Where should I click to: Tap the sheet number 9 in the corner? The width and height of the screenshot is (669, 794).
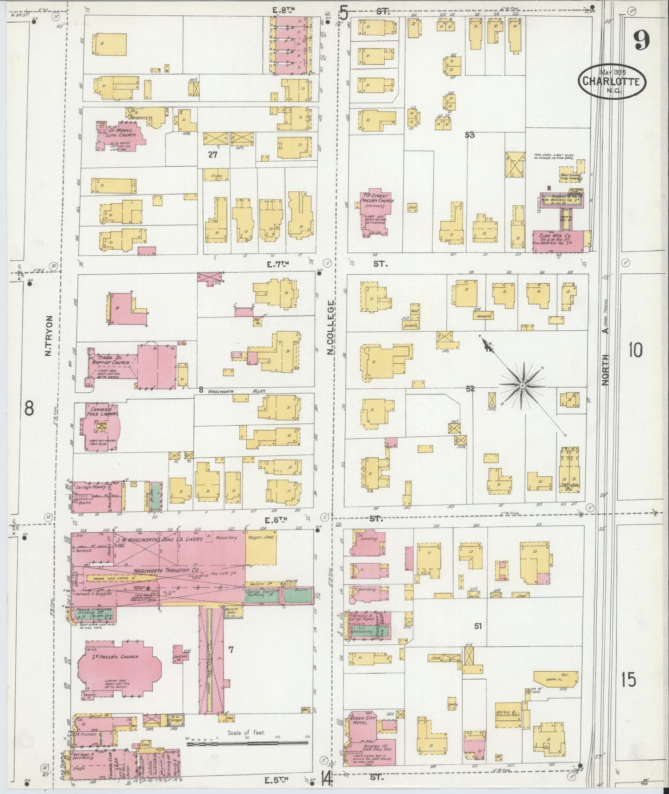pos(641,42)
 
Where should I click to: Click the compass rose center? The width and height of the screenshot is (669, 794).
pos(522,385)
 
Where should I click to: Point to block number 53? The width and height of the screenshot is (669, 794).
pos(470,135)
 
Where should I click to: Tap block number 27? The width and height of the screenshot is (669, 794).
pos(212,155)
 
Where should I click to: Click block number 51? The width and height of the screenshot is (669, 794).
pos(478,626)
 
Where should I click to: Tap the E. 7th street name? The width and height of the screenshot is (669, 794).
pos(277,264)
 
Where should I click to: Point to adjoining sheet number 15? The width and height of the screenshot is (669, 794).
pos(629,680)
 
